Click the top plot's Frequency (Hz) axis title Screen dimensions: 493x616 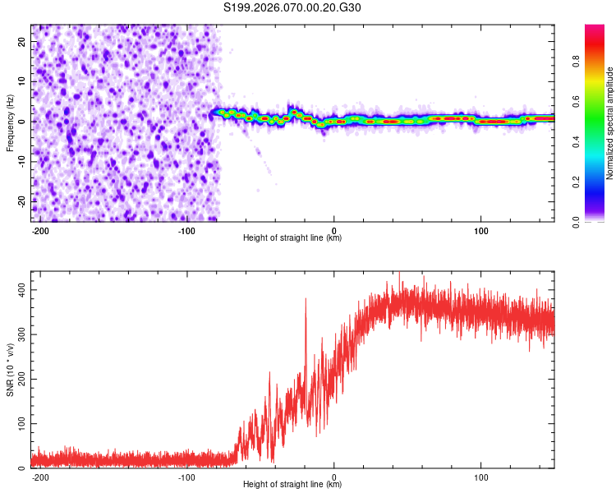(x=10, y=122)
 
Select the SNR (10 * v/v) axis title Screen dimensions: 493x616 (x=10, y=370)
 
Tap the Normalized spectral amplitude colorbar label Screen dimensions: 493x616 (x=609, y=123)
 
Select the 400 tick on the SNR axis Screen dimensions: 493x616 (x=17, y=291)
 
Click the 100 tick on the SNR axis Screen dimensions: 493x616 (x=17, y=423)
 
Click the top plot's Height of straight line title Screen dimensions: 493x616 (x=292, y=238)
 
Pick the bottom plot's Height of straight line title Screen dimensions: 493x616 (x=292, y=485)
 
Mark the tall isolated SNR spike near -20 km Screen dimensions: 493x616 (x=306, y=301)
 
